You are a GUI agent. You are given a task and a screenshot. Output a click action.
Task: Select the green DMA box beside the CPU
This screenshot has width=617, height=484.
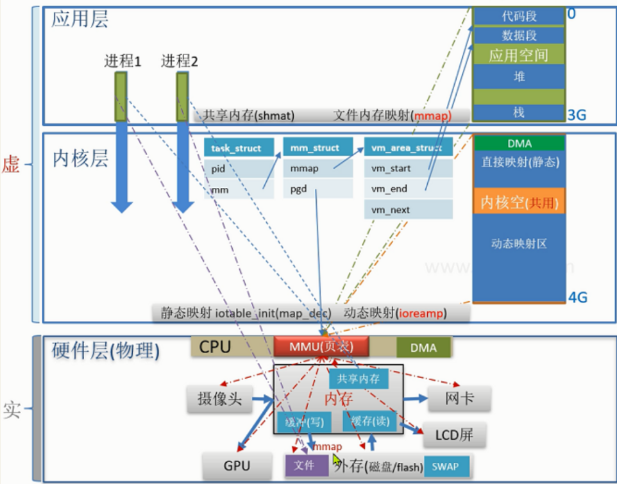[423, 347]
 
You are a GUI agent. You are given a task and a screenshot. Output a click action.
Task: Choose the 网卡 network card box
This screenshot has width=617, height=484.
[459, 398]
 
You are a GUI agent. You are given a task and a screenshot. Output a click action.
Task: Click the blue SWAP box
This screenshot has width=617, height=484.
[446, 466]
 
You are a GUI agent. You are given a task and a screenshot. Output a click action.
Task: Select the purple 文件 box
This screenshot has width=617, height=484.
[305, 466]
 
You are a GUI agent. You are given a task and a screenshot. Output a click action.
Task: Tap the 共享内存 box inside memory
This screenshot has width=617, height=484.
[359, 379]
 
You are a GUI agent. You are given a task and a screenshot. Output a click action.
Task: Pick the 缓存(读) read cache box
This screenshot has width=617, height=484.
[366, 421]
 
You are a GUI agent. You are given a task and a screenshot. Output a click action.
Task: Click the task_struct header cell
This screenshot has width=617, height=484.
[236, 148]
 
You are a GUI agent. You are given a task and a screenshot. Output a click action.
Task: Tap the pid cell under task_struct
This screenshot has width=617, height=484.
[236, 169]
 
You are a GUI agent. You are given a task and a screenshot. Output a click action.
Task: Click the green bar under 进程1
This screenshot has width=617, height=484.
[120, 97]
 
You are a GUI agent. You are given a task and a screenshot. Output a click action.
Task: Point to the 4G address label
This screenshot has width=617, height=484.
[578, 297]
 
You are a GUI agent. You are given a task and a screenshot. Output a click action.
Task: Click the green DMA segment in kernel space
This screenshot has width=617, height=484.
[518, 144]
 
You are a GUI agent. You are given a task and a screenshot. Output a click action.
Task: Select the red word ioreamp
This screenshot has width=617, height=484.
[422, 313]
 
